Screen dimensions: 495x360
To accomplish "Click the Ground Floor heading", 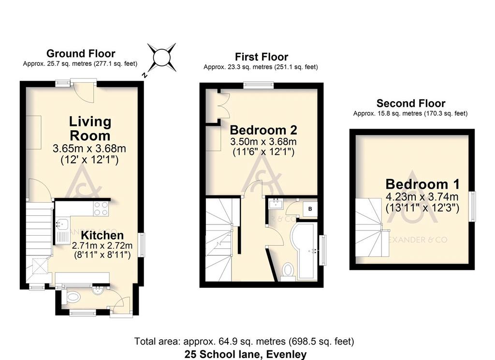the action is coord(81,53).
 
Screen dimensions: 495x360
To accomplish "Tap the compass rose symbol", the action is coord(161,58).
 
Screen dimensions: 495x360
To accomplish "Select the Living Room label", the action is coord(90,129).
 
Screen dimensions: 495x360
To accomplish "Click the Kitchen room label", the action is coord(102,235).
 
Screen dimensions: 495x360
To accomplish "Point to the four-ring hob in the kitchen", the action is coord(101,209).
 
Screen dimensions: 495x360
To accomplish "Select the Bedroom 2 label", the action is coord(263,130).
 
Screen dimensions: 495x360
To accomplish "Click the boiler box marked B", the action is coord(310,209).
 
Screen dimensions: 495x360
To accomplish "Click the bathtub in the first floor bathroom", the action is coord(304,251).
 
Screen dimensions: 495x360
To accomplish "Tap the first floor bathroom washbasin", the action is coord(276,204).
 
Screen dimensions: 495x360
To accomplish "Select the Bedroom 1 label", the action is coord(422,184).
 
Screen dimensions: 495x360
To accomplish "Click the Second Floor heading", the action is coord(411,104).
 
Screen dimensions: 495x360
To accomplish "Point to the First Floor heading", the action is coord(262,57).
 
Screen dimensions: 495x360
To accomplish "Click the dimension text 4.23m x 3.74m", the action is coord(422,197).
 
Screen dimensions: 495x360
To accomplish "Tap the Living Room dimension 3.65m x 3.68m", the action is coord(89,148).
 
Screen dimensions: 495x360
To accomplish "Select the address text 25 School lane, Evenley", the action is coord(245,354).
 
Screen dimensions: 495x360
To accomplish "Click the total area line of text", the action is coord(244,341).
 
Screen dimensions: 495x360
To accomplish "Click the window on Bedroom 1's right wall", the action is coord(472,207).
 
